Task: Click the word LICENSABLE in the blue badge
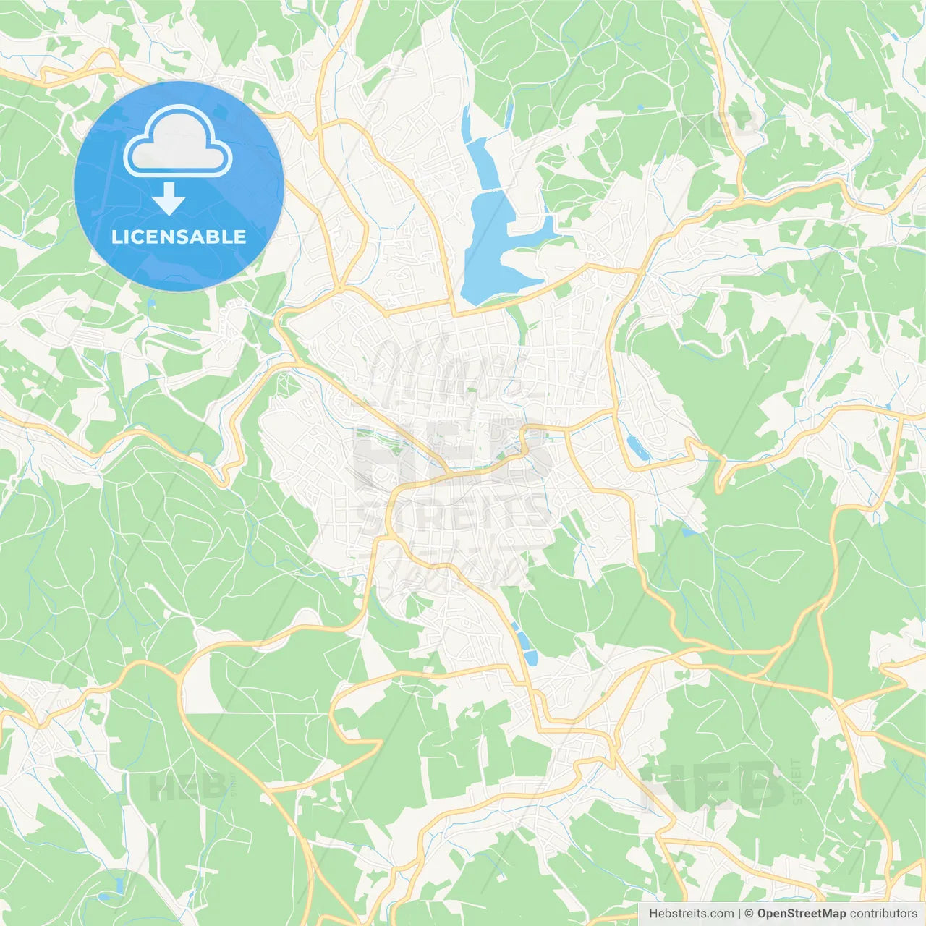(179, 237)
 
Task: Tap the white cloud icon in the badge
(178, 142)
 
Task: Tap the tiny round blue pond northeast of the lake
(640, 108)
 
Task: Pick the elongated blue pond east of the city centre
(637, 448)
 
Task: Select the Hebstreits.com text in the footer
(691, 914)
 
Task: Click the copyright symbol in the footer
(749, 914)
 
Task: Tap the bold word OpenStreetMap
(801, 914)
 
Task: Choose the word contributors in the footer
(883, 914)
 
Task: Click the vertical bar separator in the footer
(739, 914)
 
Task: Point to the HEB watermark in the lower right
(713, 785)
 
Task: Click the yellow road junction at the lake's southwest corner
(455, 315)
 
